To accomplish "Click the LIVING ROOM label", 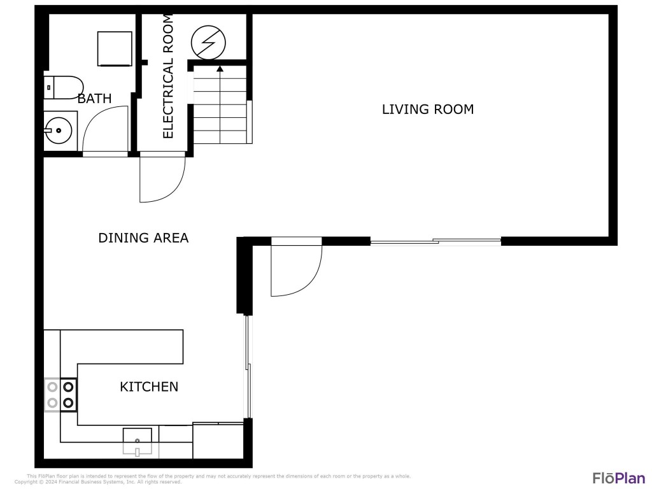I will (x=427, y=110).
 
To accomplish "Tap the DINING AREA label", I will (x=143, y=238).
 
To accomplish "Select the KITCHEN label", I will (x=149, y=386).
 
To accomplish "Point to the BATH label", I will (x=94, y=99).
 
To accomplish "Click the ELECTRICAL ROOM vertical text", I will (x=168, y=76).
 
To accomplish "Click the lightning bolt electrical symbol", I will (x=208, y=42).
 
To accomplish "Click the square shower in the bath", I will (x=115, y=48).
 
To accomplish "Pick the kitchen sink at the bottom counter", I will (x=137, y=439).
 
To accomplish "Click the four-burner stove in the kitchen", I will (x=60, y=394).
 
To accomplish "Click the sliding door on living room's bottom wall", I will (x=436, y=241).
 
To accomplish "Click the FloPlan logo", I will (x=618, y=478).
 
